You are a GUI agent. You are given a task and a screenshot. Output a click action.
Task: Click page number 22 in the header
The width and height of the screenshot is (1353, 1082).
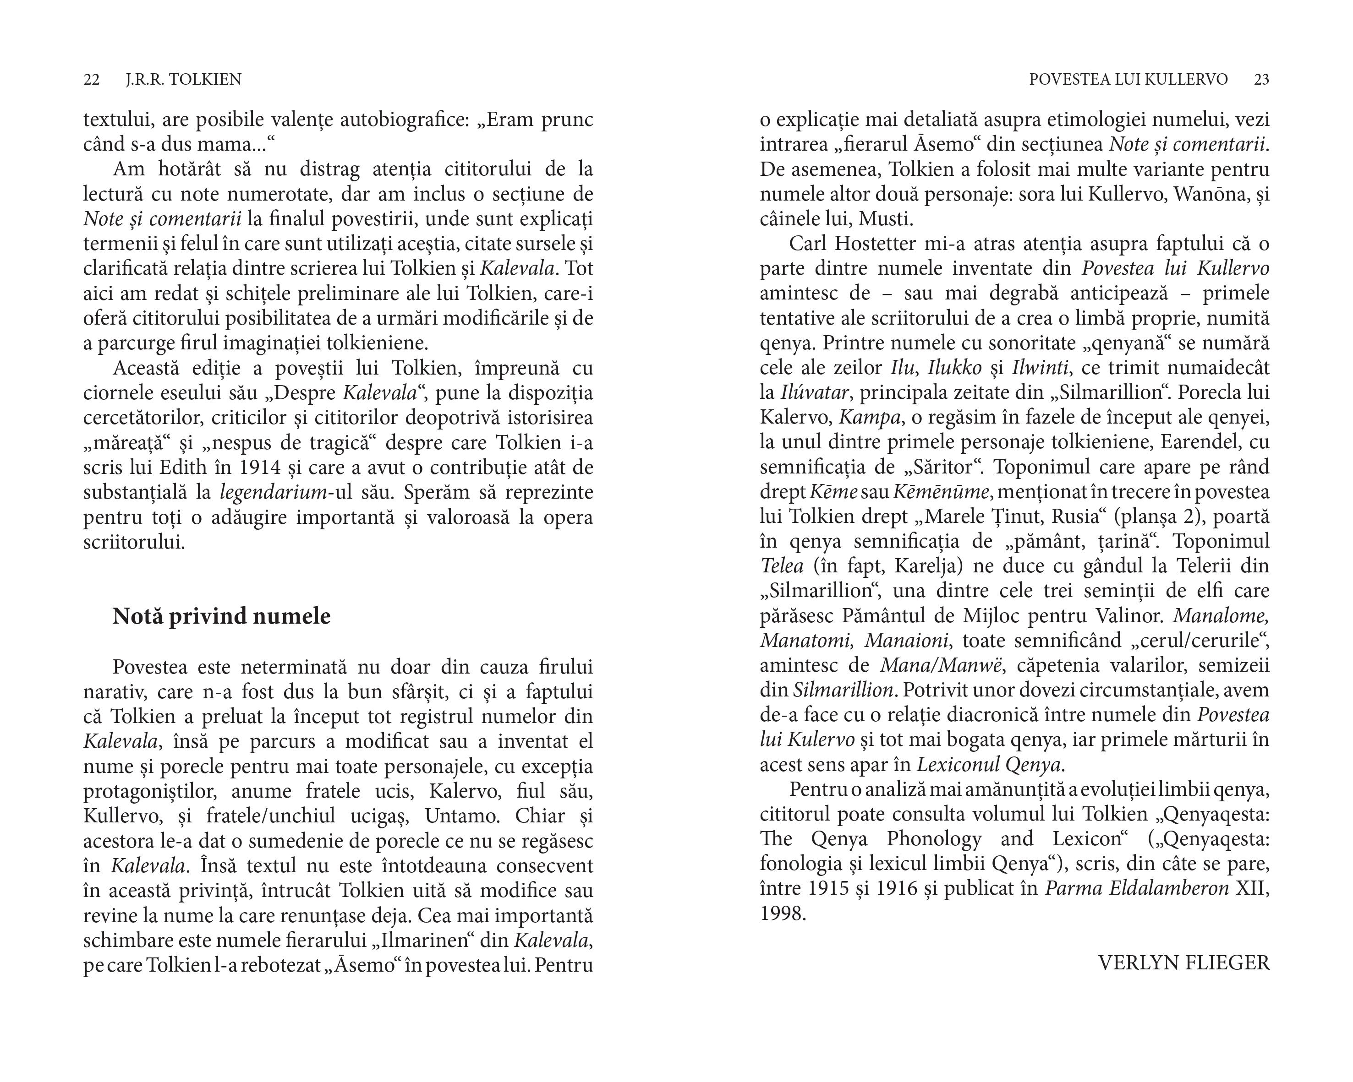pyautogui.click(x=92, y=80)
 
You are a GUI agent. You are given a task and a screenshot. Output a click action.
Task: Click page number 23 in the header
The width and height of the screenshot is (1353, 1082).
pyautogui.click(x=1261, y=80)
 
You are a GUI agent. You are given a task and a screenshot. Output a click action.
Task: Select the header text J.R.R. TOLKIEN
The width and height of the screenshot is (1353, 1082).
pyautogui.click(x=183, y=80)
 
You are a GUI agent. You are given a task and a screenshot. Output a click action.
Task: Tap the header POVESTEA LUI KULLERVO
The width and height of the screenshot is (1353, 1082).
pyautogui.click(x=1128, y=80)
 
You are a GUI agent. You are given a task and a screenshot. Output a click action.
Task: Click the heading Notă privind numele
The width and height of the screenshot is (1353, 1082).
pyautogui.click(x=221, y=617)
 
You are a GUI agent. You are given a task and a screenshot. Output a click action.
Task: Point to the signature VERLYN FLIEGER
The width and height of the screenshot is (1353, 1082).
pyautogui.click(x=1183, y=963)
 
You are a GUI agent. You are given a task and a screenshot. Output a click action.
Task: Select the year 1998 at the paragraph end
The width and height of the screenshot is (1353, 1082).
pyautogui.click(x=783, y=914)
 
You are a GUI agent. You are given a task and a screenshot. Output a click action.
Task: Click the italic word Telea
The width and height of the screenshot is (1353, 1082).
pyautogui.click(x=782, y=566)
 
